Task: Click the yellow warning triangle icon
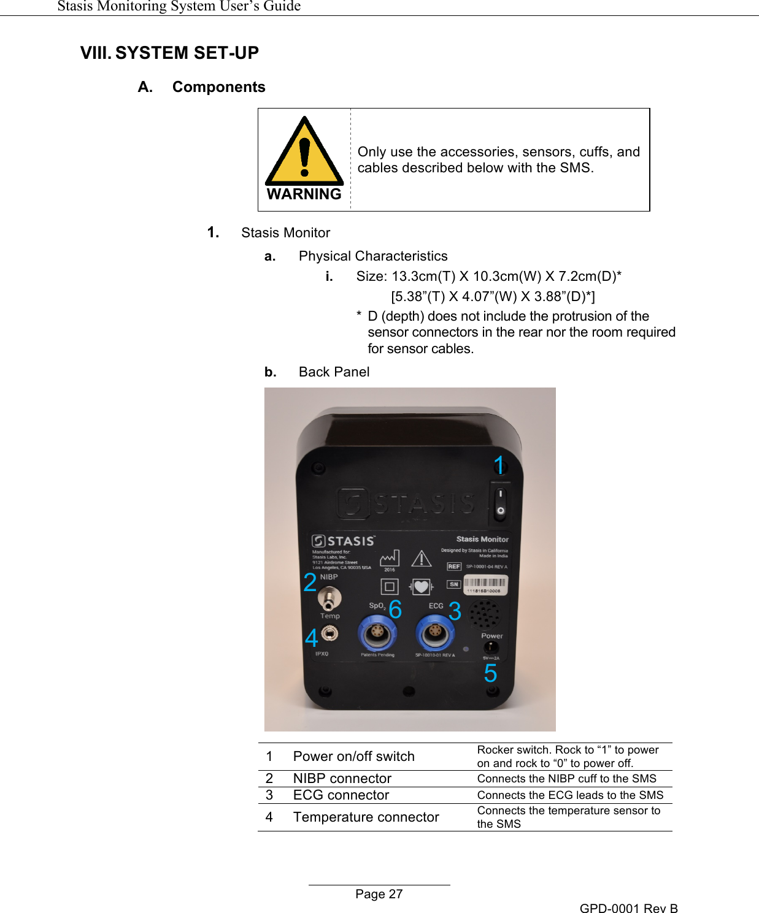click(x=304, y=153)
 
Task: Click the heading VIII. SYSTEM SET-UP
click(x=169, y=53)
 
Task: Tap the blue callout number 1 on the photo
click(x=499, y=465)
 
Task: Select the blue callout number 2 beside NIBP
click(x=310, y=582)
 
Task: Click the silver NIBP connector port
click(x=330, y=597)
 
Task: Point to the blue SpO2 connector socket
click(x=377, y=633)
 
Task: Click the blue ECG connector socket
click(x=434, y=633)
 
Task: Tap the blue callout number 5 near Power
click(x=490, y=673)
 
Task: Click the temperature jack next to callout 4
click(x=330, y=633)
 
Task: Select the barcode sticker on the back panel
click(x=485, y=585)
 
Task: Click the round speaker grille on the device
click(x=484, y=613)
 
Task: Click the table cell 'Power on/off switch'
click(x=353, y=757)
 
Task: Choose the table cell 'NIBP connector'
click(x=342, y=779)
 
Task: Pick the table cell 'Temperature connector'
click(x=366, y=817)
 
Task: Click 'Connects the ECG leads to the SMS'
click(x=570, y=795)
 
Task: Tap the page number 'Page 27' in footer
click(x=379, y=894)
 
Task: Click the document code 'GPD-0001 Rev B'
click(x=628, y=908)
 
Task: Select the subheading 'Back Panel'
click(x=334, y=372)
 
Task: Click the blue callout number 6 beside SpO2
click(x=395, y=609)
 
